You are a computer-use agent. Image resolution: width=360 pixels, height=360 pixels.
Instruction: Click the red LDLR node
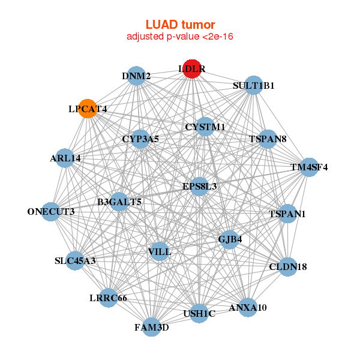(191, 69)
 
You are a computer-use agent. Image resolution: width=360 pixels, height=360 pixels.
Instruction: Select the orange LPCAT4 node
(88, 109)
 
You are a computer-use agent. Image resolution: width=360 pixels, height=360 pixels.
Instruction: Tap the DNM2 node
(137, 76)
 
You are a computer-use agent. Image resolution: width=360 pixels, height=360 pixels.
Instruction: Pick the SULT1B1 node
(254, 85)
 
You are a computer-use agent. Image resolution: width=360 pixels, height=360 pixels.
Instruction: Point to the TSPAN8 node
(268, 139)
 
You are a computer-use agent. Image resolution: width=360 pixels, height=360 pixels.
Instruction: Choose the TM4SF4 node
(309, 167)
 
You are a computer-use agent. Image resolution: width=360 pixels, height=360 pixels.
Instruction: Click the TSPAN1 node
(287, 214)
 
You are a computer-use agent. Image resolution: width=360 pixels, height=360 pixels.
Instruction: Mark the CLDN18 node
(288, 266)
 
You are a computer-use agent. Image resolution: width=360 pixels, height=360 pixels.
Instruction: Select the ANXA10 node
(248, 307)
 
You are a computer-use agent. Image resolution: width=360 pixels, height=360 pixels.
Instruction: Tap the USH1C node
(199, 314)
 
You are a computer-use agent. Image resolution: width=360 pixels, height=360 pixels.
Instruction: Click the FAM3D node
(151, 327)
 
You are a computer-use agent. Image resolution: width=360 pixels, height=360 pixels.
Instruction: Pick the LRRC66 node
(108, 298)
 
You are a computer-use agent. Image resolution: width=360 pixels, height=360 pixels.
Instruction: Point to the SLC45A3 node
(75, 260)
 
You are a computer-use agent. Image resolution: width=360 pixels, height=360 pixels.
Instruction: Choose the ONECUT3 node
(51, 211)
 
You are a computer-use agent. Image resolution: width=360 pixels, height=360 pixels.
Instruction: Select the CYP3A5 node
(140, 139)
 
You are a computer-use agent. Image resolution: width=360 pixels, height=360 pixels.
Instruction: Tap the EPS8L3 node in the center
(200, 186)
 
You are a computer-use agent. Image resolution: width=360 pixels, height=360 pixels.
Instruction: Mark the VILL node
(160, 252)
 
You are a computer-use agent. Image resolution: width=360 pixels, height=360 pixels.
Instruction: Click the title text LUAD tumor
(180, 25)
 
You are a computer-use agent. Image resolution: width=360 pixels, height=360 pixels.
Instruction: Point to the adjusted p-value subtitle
(180, 37)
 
